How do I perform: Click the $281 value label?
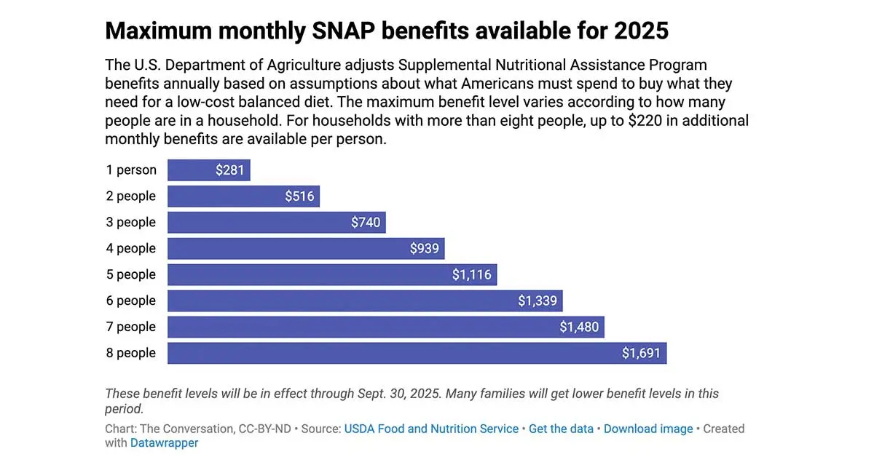229,170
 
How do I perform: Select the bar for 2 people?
243,196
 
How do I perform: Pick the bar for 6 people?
364,301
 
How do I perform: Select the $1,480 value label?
579,327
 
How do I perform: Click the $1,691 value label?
641,354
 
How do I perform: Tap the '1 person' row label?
131,170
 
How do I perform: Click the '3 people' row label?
131,223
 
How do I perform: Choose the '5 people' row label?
131,275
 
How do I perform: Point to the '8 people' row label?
131,354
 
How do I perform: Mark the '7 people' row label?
131,327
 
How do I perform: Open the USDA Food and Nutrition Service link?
431,429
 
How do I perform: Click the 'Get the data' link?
561,429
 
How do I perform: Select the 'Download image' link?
648,429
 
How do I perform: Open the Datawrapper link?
164,443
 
